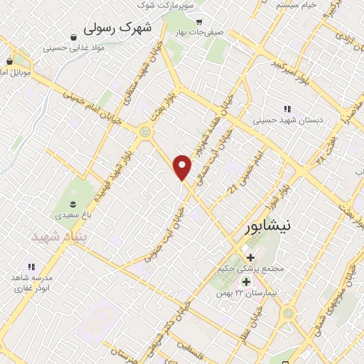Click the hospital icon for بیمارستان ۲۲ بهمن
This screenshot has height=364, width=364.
[255, 282]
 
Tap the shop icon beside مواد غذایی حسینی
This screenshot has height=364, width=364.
[75, 36]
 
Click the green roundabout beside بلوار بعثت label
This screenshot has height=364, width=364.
[146, 131]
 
